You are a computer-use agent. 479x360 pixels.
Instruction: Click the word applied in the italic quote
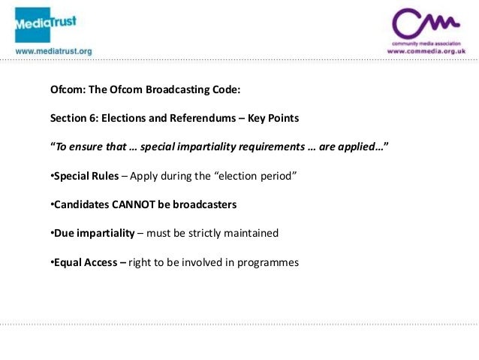pos(360,147)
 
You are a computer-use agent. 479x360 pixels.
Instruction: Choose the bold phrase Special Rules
pos(86,176)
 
